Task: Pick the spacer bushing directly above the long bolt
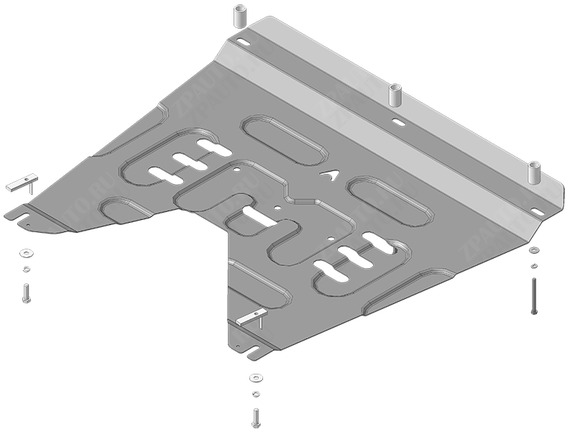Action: click(x=533, y=173)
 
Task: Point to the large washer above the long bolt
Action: click(x=533, y=250)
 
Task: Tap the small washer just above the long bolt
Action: click(x=533, y=266)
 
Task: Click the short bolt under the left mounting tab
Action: click(x=26, y=293)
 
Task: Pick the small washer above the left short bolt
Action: click(x=27, y=269)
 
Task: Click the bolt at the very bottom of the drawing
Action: click(x=256, y=416)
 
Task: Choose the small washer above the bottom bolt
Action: click(x=256, y=394)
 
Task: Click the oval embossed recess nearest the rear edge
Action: click(x=284, y=136)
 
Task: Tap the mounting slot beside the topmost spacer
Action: click(x=242, y=45)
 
